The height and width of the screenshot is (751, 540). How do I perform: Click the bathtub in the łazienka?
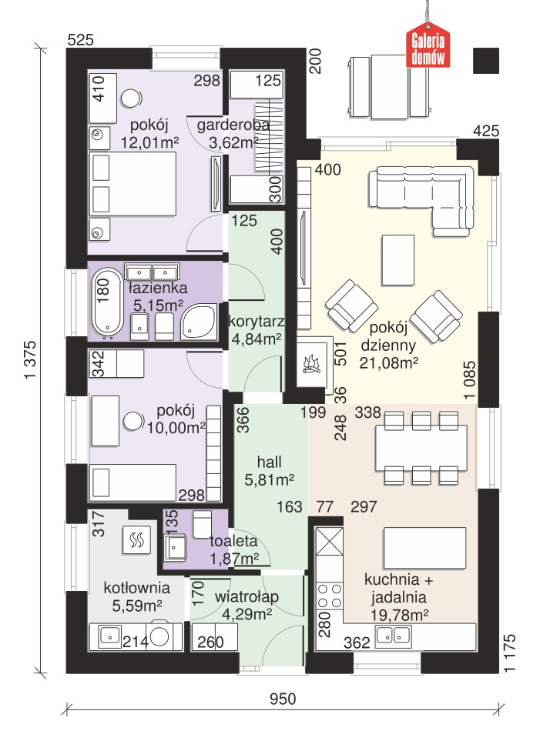pyautogui.click(x=106, y=302)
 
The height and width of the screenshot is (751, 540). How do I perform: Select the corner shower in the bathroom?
pyautogui.click(x=197, y=321)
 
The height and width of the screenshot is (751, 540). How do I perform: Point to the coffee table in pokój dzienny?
pyautogui.click(x=397, y=259)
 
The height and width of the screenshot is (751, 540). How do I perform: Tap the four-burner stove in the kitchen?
pyautogui.click(x=330, y=596)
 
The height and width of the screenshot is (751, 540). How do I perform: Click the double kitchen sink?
pyautogui.click(x=393, y=635)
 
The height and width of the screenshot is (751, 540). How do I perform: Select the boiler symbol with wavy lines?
pyautogui.click(x=137, y=540)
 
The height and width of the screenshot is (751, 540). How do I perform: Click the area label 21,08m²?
pyautogui.click(x=389, y=363)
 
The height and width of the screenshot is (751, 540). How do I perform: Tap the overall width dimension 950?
pyautogui.click(x=283, y=699)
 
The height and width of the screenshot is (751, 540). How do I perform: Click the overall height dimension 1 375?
pyautogui.click(x=31, y=359)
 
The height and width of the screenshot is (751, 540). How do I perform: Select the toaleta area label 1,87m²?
pyautogui.click(x=234, y=558)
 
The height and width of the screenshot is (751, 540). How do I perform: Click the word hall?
pyautogui.click(x=269, y=462)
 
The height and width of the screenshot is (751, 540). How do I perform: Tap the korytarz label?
pyautogui.click(x=256, y=322)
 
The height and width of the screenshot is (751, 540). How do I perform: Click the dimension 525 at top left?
pyautogui.click(x=81, y=40)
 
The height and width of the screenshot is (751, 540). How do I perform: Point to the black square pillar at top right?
pyautogui.click(x=486, y=61)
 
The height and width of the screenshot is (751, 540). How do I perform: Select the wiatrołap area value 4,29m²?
pyautogui.click(x=247, y=614)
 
